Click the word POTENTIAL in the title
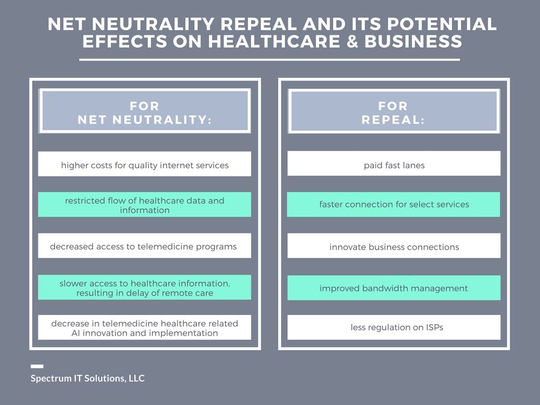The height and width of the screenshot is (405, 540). point(441,24)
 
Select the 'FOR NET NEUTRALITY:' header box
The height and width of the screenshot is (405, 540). point(144,111)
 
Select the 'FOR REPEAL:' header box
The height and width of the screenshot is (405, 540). point(393,111)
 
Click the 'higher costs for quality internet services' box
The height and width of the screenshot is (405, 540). point(144,164)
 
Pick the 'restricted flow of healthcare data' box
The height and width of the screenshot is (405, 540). point(144,205)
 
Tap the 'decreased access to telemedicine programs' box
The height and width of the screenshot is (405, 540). point(144,246)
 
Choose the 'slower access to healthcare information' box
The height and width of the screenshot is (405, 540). point(144,287)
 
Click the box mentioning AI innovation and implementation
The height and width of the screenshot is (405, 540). point(144,327)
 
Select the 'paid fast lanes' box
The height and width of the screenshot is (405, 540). point(394,163)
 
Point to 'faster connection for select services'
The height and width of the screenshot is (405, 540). point(393,205)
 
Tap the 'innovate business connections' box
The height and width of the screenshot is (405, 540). point(394,246)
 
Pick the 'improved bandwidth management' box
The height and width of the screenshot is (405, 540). point(394,288)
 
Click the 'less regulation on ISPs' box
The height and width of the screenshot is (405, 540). point(394,327)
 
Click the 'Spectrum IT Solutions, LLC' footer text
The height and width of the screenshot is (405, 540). point(88,379)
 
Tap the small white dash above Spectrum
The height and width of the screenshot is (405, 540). point(37,367)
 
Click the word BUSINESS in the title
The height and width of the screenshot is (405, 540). point(413,41)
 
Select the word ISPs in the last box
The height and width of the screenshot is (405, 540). point(435,327)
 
